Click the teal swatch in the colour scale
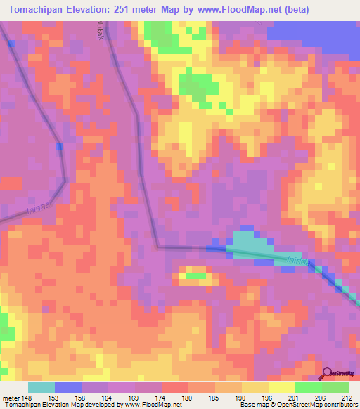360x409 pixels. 41,387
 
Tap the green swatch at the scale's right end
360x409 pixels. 335,387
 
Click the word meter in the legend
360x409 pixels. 11,397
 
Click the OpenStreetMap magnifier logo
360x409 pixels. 327,372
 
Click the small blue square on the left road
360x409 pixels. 59,146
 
